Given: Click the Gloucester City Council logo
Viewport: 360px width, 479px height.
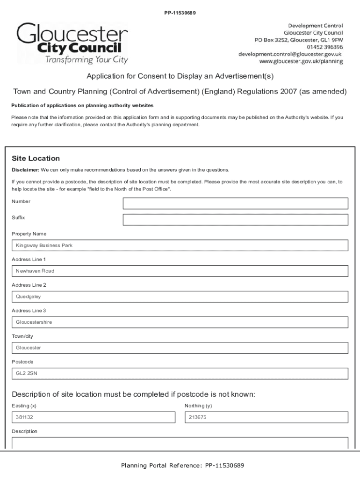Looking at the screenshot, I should [72, 43].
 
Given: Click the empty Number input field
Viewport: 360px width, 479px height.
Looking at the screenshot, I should [235, 203].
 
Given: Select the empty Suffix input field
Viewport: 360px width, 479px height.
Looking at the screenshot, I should [235, 220].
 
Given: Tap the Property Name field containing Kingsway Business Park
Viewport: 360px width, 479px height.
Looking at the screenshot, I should [180, 246].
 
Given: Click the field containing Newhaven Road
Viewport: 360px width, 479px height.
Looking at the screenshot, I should [180, 271].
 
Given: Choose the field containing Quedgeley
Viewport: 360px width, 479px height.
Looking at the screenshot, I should [180, 297].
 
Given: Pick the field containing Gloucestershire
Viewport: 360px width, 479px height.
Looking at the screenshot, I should [180, 322].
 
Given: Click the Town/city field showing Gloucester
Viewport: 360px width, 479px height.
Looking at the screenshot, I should [180, 348].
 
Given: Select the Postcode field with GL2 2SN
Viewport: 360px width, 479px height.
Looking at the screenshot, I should [180, 373].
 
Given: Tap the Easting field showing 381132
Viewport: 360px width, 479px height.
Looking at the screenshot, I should [94, 417].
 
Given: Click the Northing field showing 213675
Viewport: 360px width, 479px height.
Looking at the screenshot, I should [266, 417].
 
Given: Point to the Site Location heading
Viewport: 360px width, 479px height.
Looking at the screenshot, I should [36, 159].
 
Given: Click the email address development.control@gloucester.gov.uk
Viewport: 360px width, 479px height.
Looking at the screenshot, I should [290, 54].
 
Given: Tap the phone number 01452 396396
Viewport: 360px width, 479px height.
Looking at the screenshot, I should [324, 47].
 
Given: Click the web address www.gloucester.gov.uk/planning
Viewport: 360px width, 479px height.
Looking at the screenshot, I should [301, 61].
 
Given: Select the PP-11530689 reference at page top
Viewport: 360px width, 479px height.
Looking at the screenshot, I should [180, 13].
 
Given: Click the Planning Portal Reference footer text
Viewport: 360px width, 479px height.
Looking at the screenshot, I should [182, 465].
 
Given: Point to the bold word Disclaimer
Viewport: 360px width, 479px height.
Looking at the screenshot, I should [25, 170].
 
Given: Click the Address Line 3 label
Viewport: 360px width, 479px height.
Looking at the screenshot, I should [29, 311].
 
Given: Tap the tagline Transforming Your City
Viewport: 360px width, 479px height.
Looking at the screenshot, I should [86, 60].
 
